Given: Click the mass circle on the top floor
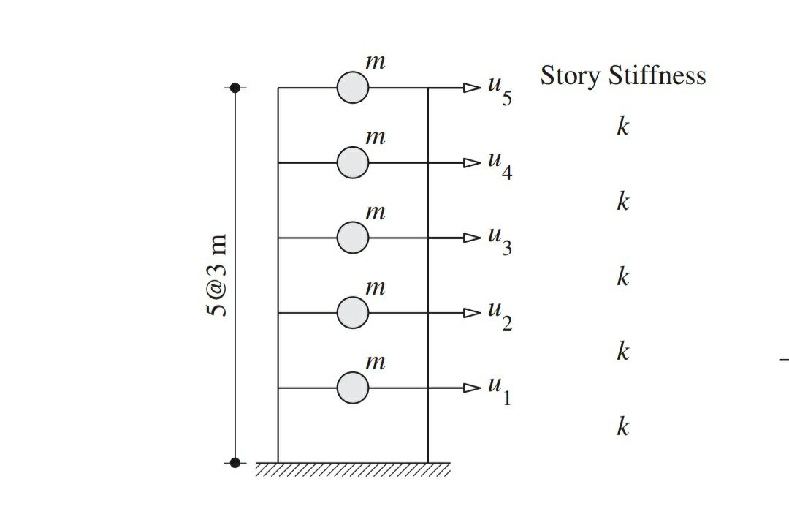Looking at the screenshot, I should click(353, 88).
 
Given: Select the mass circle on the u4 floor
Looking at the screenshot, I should click(353, 162).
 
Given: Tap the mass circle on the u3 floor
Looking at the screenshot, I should click(353, 238).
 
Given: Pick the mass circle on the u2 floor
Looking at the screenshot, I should click(353, 313).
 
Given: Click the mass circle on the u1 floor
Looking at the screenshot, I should click(353, 388).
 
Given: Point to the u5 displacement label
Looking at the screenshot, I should click(500, 91).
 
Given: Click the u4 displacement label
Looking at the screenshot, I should click(500, 166).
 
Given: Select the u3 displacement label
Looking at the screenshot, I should click(500, 241).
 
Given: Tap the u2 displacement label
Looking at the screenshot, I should click(500, 316).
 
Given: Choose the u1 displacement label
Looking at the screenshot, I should click(500, 391).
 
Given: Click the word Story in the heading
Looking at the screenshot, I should click(569, 76).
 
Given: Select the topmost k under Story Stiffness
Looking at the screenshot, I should click(622, 126).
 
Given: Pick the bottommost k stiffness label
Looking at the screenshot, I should click(622, 426).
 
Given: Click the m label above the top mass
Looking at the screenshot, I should click(375, 63).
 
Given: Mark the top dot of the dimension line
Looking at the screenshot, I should click(235, 88).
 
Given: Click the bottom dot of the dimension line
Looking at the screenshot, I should click(235, 462).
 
